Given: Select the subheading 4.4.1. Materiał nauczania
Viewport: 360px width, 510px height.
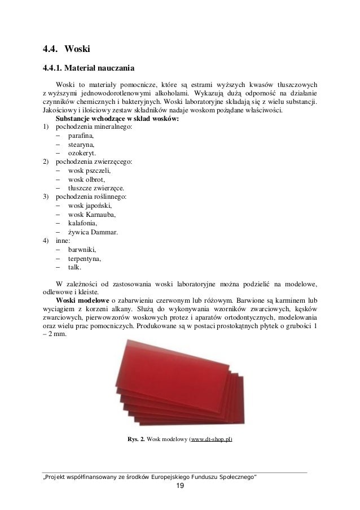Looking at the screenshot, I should point(89,70).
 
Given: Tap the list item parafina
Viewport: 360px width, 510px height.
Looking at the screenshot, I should point(81,137).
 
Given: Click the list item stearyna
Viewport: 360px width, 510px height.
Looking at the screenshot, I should point(82,145).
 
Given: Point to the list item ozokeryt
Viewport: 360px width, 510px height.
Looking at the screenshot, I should point(82,154).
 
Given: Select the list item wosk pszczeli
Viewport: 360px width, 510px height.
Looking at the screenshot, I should point(89,171).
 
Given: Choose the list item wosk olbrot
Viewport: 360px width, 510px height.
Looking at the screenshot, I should point(86,180).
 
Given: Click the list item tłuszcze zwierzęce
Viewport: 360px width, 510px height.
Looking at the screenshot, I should point(96,188).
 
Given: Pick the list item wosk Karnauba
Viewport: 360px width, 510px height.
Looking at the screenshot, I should point(91,214).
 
